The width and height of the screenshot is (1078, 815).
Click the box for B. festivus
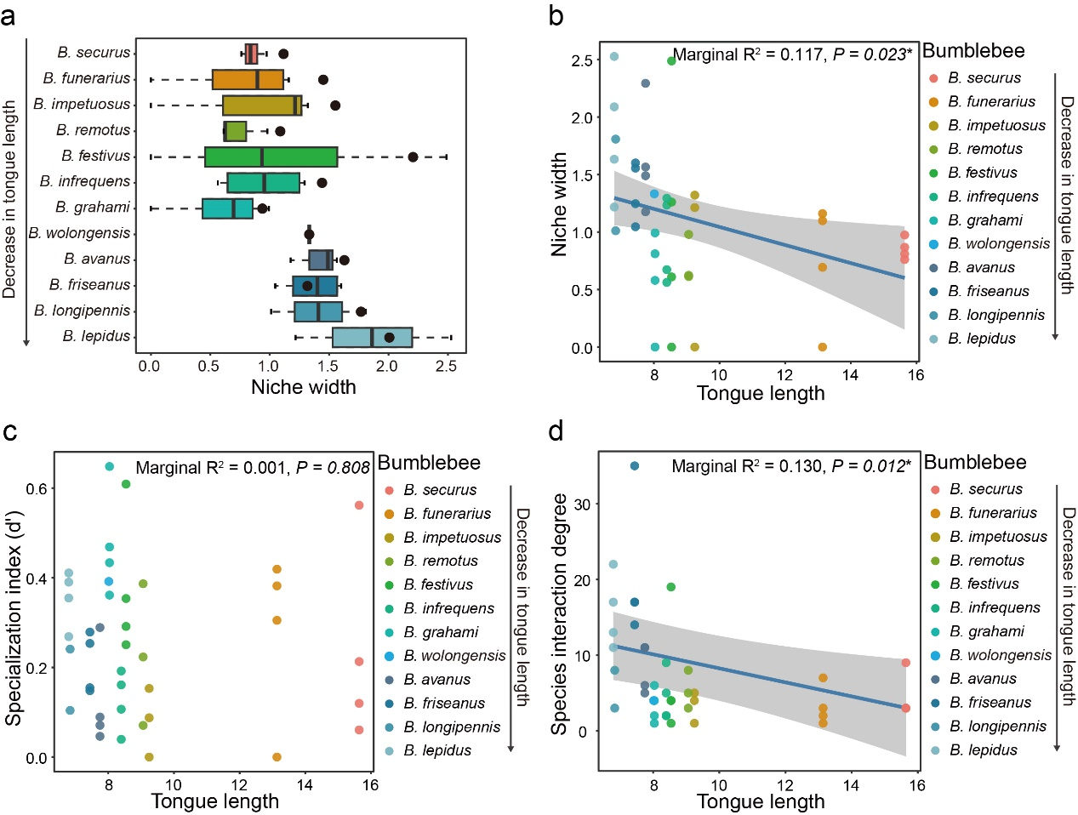point(271,157)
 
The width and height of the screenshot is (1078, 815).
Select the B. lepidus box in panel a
point(372,337)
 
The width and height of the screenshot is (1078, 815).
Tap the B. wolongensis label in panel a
point(79,233)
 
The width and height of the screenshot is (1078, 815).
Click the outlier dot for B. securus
point(283,54)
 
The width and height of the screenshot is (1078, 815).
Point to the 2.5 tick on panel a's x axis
point(446,366)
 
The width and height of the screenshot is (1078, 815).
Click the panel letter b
point(556,17)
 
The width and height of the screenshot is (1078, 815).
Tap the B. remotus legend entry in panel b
point(984,149)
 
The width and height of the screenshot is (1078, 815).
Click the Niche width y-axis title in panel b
point(559,205)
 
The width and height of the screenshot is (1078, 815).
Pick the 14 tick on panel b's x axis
point(850,374)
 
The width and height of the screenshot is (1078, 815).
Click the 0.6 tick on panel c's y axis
point(36,488)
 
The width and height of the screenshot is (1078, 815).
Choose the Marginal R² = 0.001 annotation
point(212,467)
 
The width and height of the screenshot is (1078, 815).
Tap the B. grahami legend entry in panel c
point(440,632)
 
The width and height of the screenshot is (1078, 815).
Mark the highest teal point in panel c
point(109,466)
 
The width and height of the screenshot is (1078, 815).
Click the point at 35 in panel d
point(634,466)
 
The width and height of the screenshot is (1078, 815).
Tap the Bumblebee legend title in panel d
point(974,463)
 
